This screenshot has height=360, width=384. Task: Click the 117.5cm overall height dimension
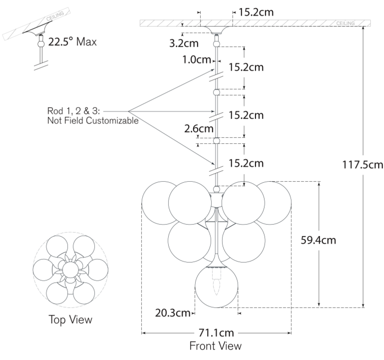[362, 165]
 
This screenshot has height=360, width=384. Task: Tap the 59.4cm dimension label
[319, 240]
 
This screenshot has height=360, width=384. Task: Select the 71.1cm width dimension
[216, 332]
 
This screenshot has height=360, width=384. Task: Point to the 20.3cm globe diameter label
[173, 313]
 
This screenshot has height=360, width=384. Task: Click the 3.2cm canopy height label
[184, 43]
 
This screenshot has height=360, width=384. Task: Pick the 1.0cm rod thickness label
[196, 60]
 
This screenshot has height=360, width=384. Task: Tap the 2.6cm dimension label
[199, 129]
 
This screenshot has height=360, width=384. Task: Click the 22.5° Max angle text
[72, 42]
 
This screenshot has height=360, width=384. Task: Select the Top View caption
[70, 319]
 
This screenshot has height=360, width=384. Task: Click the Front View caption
[215, 346]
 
